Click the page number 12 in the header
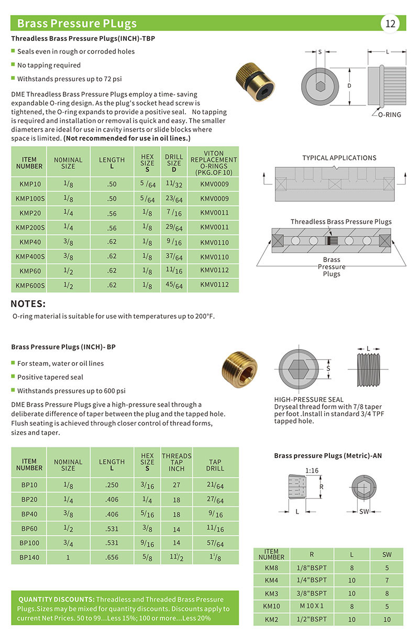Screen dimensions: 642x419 (391, 24)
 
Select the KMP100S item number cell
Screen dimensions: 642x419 (29, 199)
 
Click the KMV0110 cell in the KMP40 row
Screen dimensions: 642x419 (214, 243)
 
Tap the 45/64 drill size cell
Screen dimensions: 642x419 (173, 286)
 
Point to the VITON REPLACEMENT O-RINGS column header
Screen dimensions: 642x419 (214, 162)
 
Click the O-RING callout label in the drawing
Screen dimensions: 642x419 (389, 114)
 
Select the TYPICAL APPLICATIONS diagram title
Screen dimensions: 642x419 (339, 158)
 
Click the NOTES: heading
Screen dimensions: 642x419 (28, 304)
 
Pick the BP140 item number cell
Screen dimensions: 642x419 (29, 557)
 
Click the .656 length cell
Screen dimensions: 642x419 (112, 557)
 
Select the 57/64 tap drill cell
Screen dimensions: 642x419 (215, 543)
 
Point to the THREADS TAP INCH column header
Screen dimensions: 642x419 (177, 462)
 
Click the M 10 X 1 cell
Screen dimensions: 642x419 (313, 606)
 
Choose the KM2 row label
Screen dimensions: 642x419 (271, 619)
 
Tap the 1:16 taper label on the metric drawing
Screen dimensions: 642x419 (312, 471)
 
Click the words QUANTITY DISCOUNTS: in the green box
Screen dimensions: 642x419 (56, 599)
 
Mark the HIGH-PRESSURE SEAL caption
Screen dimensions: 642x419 (309, 399)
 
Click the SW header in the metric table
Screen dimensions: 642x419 (387, 554)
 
